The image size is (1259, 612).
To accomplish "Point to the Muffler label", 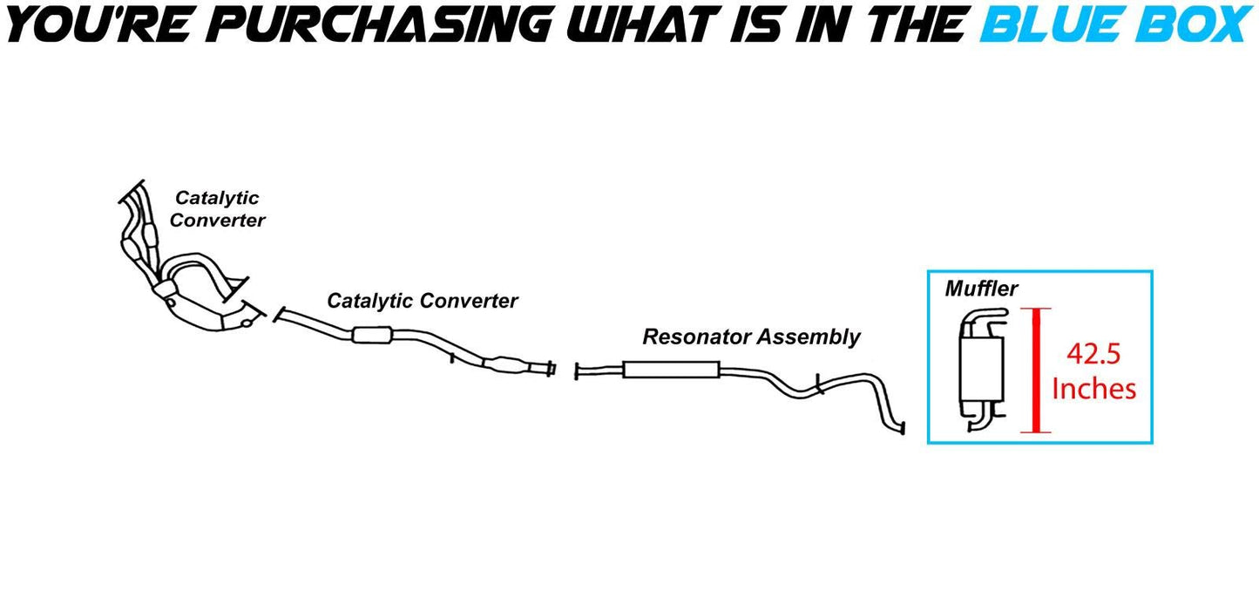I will coord(981,288).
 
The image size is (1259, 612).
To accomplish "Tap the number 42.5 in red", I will coord(1094,355).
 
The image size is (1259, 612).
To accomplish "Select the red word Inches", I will coord(1094,388).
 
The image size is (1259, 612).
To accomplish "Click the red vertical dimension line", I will coord(1037,370).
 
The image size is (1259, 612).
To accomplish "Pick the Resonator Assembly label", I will coord(751,337).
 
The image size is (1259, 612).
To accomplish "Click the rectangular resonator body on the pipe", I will coord(670,371).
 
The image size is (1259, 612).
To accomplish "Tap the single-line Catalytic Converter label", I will coord(423,301).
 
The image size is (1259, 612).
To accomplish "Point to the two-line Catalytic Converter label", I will coord(217,209).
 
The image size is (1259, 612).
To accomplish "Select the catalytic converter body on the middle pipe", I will coord(373,335).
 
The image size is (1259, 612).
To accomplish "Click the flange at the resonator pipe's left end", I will coord(577,372).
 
